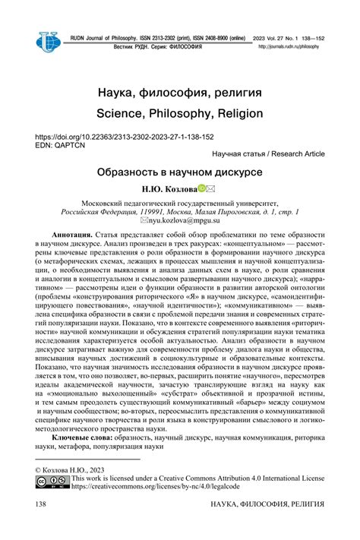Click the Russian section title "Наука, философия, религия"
click(x=179, y=92)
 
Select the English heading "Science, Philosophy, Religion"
click(x=179, y=113)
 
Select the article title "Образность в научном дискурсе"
click(x=179, y=172)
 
